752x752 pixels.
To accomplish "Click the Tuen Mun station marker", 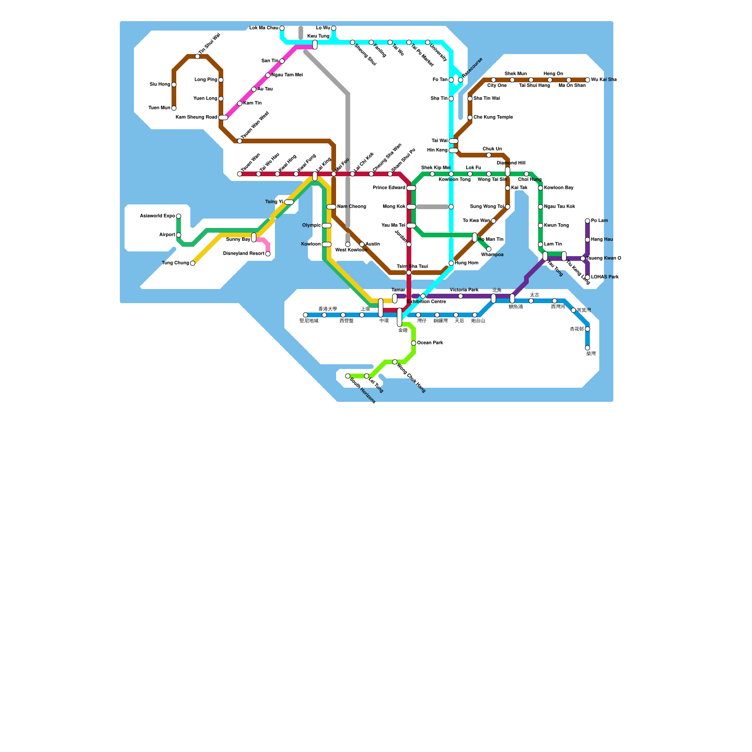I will click(x=174, y=108).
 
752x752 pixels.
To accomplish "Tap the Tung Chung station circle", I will click(x=193, y=263).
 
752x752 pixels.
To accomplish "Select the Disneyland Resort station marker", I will click(x=268, y=254).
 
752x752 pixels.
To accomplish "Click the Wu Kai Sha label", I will click(x=603, y=80).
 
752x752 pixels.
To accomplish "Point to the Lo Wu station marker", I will click(x=334, y=28).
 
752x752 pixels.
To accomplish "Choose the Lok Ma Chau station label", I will click(x=264, y=28).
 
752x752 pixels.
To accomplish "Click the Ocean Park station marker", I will click(x=414, y=343).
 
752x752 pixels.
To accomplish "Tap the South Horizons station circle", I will click(x=348, y=376).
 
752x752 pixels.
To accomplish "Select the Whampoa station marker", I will click(x=489, y=249).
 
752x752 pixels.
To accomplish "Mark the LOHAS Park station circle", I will click(x=587, y=277).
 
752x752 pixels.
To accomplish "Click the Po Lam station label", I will click(x=599, y=221).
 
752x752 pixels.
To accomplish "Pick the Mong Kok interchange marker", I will click(x=411, y=207).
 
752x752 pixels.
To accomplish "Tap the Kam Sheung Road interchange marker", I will click(x=223, y=117).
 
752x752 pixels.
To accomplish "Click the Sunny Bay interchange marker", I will click(x=254, y=237).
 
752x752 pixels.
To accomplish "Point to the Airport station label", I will click(x=167, y=235).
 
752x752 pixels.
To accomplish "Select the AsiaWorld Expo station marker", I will click(x=179, y=216).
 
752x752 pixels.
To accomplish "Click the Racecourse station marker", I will click(x=461, y=80).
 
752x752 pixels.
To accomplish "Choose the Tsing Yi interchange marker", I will click(x=289, y=202).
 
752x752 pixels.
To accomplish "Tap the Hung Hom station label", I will click(x=466, y=263).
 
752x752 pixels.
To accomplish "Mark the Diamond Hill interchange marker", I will click(x=508, y=172).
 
